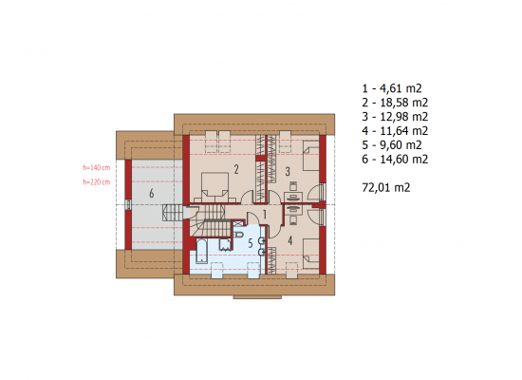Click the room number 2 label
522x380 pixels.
coord(236,169)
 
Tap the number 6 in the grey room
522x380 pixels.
coord(152,193)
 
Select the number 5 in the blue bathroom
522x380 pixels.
coord(251,243)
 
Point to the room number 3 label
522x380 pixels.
coord(288,171)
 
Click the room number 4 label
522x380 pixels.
coord(290,240)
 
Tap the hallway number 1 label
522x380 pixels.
coord(265,215)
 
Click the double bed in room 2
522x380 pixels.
coord(215,187)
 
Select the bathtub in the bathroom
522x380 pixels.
coord(201,251)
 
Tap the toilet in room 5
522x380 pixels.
coord(238,235)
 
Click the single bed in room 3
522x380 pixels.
coord(311,156)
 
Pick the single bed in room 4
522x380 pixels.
coord(311,254)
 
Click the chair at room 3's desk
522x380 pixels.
coord(293,186)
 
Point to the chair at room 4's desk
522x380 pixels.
coord(293,220)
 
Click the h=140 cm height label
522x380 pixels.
coord(97,167)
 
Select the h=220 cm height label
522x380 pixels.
coord(97,182)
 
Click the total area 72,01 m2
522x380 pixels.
coord(386,188)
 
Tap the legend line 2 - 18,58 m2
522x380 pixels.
coord(395,103)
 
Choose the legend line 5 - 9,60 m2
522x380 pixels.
coord(392,145)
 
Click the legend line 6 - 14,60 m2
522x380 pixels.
coord(395,160)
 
